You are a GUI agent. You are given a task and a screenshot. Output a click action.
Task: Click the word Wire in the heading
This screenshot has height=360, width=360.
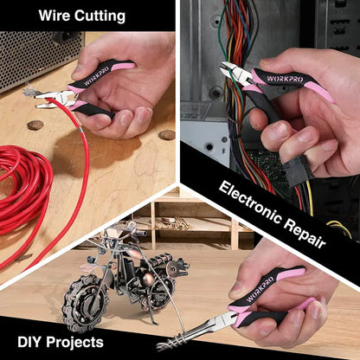point(55,16)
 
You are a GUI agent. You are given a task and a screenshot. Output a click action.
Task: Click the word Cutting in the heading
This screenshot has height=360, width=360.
point(100,16)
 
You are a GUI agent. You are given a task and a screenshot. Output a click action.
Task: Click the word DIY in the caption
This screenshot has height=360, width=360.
point(29,342)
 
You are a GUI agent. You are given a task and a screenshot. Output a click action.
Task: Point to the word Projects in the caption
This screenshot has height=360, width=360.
point(74,343)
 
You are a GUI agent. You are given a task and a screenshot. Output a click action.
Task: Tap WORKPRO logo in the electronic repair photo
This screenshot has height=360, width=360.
point(285,79)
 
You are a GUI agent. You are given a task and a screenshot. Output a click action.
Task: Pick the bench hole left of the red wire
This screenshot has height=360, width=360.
point(35,125)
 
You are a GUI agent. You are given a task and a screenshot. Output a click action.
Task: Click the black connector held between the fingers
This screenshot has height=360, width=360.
point(299,171)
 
